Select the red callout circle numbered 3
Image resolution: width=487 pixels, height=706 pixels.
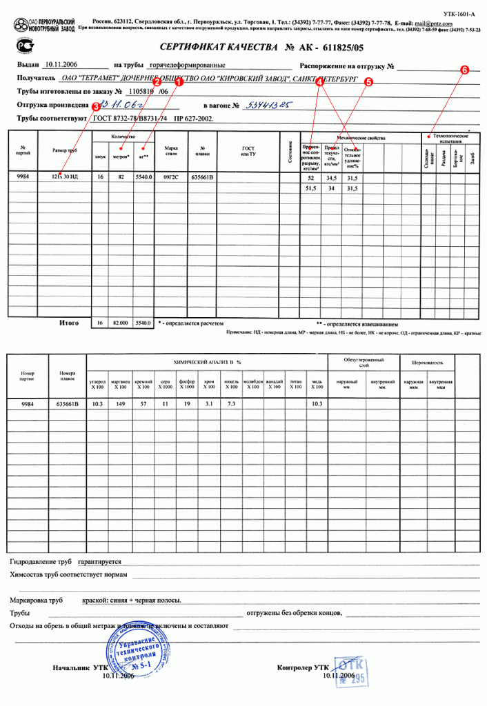[95, 107]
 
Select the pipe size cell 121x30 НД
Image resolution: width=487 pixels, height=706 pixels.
[64, 177]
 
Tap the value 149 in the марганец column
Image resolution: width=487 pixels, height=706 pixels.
[121, 403]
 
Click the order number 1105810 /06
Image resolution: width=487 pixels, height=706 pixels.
[145, 92]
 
